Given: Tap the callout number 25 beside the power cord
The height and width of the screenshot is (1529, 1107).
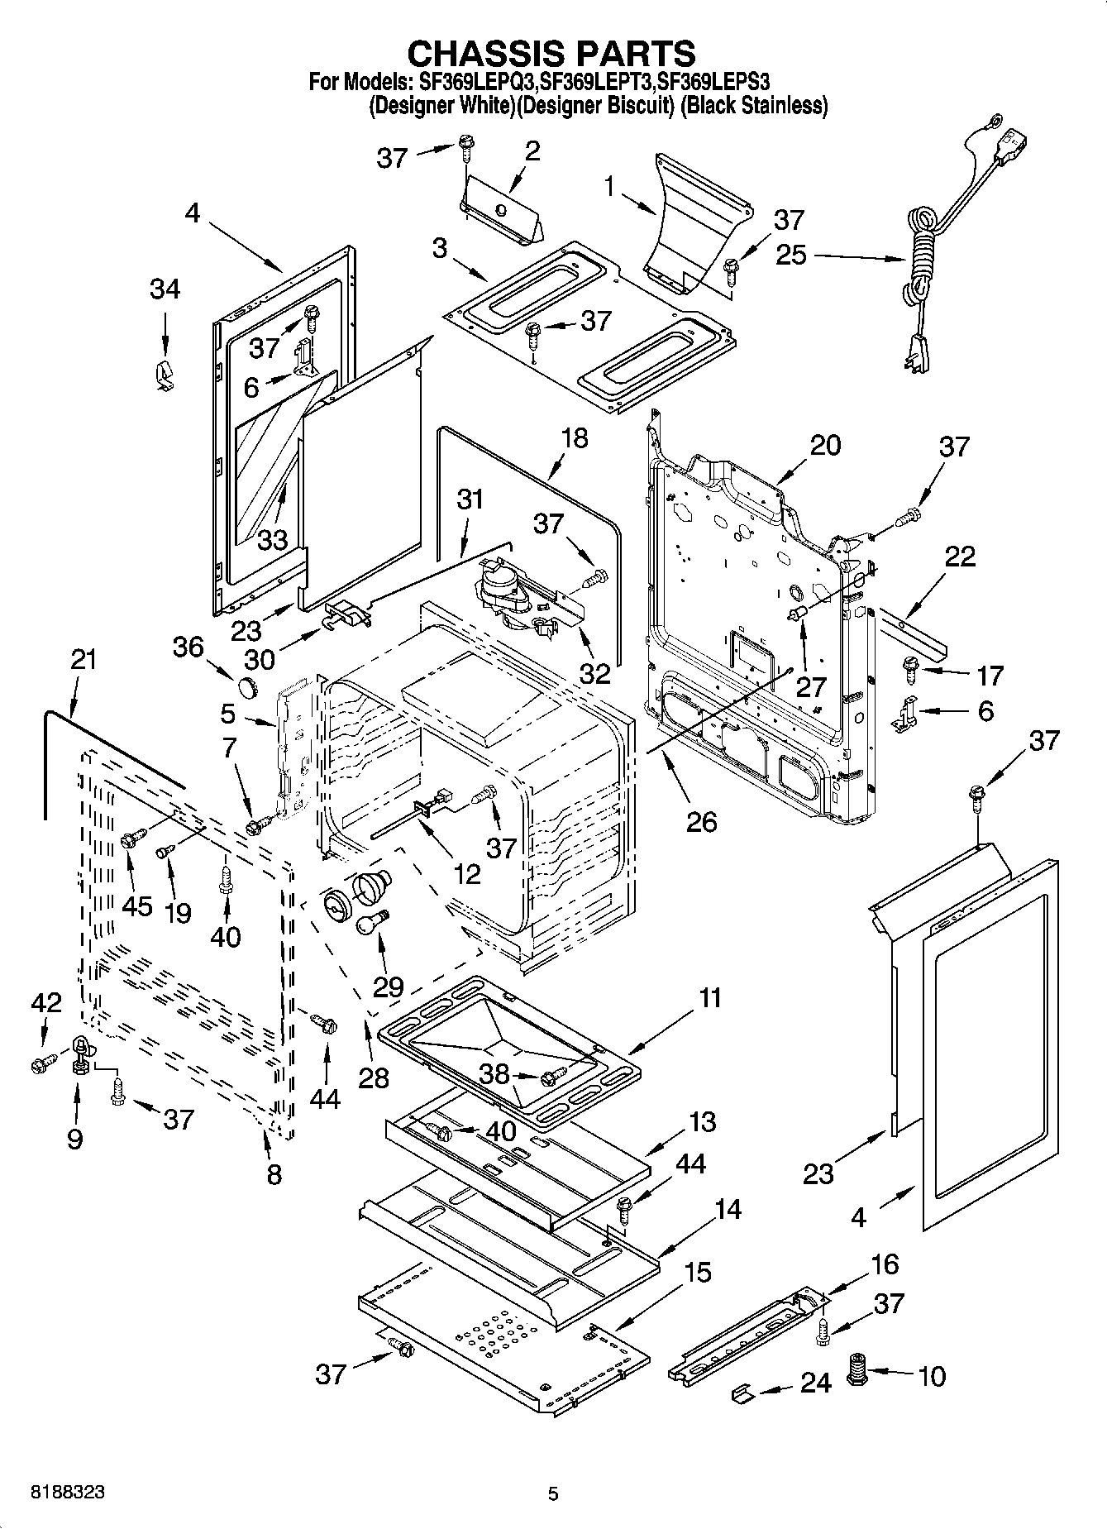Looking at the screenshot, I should [x=790, y=255].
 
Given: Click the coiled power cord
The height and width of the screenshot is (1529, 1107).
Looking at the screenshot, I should [x=922, y=248].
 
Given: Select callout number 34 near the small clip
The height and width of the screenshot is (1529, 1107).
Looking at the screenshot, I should [x=165, y=289].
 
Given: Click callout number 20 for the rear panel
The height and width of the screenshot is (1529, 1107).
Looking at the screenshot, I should [x=824, y=445].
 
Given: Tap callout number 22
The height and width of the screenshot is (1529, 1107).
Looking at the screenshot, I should [x=960, y=556].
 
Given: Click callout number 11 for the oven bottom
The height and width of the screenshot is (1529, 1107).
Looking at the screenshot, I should [x=710, y=998].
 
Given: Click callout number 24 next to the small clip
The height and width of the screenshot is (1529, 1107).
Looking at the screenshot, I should [x=814, y=1383].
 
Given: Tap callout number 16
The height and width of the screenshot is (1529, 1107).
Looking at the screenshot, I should [x=884, y=1264].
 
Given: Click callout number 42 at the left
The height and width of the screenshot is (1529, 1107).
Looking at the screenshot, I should [x=45, y=1003].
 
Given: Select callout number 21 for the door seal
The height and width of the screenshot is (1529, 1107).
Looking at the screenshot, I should [x=83, y=660].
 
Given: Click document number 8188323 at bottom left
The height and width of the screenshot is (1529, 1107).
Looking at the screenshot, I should [x=68, y=1493].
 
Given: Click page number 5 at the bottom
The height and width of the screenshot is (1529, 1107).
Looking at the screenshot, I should [x=553, y=1493].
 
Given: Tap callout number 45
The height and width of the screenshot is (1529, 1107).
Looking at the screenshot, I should [x=136, y=905].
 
